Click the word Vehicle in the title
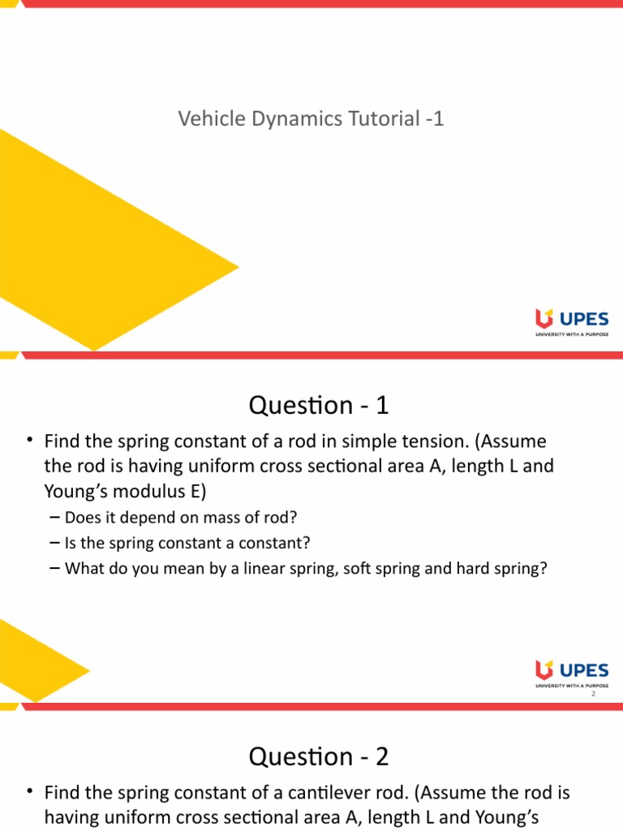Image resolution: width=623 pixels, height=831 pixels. pyautogui.click(x=205, y=119)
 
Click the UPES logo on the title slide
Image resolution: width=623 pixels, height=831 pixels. pyautogui.click(x=571, y=321)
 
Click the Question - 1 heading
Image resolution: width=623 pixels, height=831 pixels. pyautogui.click(x=319, y=405)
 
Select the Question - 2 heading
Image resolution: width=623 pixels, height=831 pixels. pyautogui.click(x=319, y=757)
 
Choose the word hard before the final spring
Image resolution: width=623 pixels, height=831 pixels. pyautogui.click(x=477, y=568)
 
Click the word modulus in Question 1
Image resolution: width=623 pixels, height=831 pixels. pyautogui.click(x=144, y=490)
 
